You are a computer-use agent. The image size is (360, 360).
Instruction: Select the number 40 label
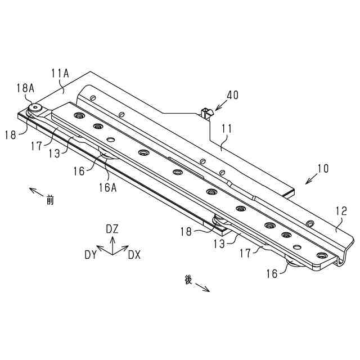coord(232,95)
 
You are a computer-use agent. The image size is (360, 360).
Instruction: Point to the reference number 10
coord(323,168)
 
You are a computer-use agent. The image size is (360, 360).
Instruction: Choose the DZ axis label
coord(112,229)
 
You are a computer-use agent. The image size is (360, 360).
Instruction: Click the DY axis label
coord(91,255)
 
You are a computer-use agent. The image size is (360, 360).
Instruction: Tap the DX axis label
coord(134,255)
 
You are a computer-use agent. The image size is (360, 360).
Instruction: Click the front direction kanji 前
coord(50,199)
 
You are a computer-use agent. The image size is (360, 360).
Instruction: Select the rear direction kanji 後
coord(188,279)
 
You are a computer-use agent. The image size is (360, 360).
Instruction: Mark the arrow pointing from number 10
coord(310,179)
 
